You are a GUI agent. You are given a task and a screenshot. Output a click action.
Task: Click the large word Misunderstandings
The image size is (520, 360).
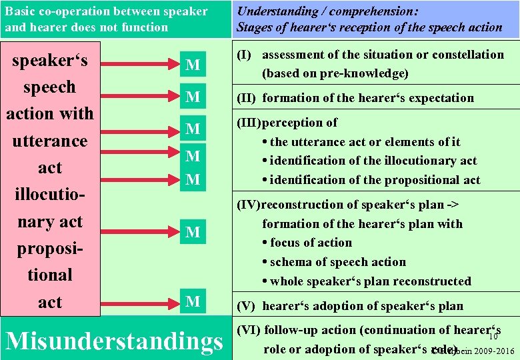113,340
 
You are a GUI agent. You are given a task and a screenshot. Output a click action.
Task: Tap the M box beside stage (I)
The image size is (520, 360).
193,65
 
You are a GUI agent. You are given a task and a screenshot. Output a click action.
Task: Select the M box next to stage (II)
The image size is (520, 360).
193,97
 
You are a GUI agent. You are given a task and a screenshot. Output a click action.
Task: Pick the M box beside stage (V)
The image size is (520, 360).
193,301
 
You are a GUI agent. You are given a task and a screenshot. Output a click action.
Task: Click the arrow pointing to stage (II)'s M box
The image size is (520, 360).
139,97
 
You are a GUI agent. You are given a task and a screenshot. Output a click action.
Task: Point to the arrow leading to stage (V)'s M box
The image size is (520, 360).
139,301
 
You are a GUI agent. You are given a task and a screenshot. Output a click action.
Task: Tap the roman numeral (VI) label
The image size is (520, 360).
249,330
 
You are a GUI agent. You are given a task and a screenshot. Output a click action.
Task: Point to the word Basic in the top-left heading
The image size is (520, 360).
20,11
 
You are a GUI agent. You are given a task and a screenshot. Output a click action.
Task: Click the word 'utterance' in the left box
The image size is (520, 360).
50,141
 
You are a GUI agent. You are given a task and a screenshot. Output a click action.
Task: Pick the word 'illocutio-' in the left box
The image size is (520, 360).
50,195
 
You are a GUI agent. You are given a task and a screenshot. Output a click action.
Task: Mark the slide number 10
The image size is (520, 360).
493,337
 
